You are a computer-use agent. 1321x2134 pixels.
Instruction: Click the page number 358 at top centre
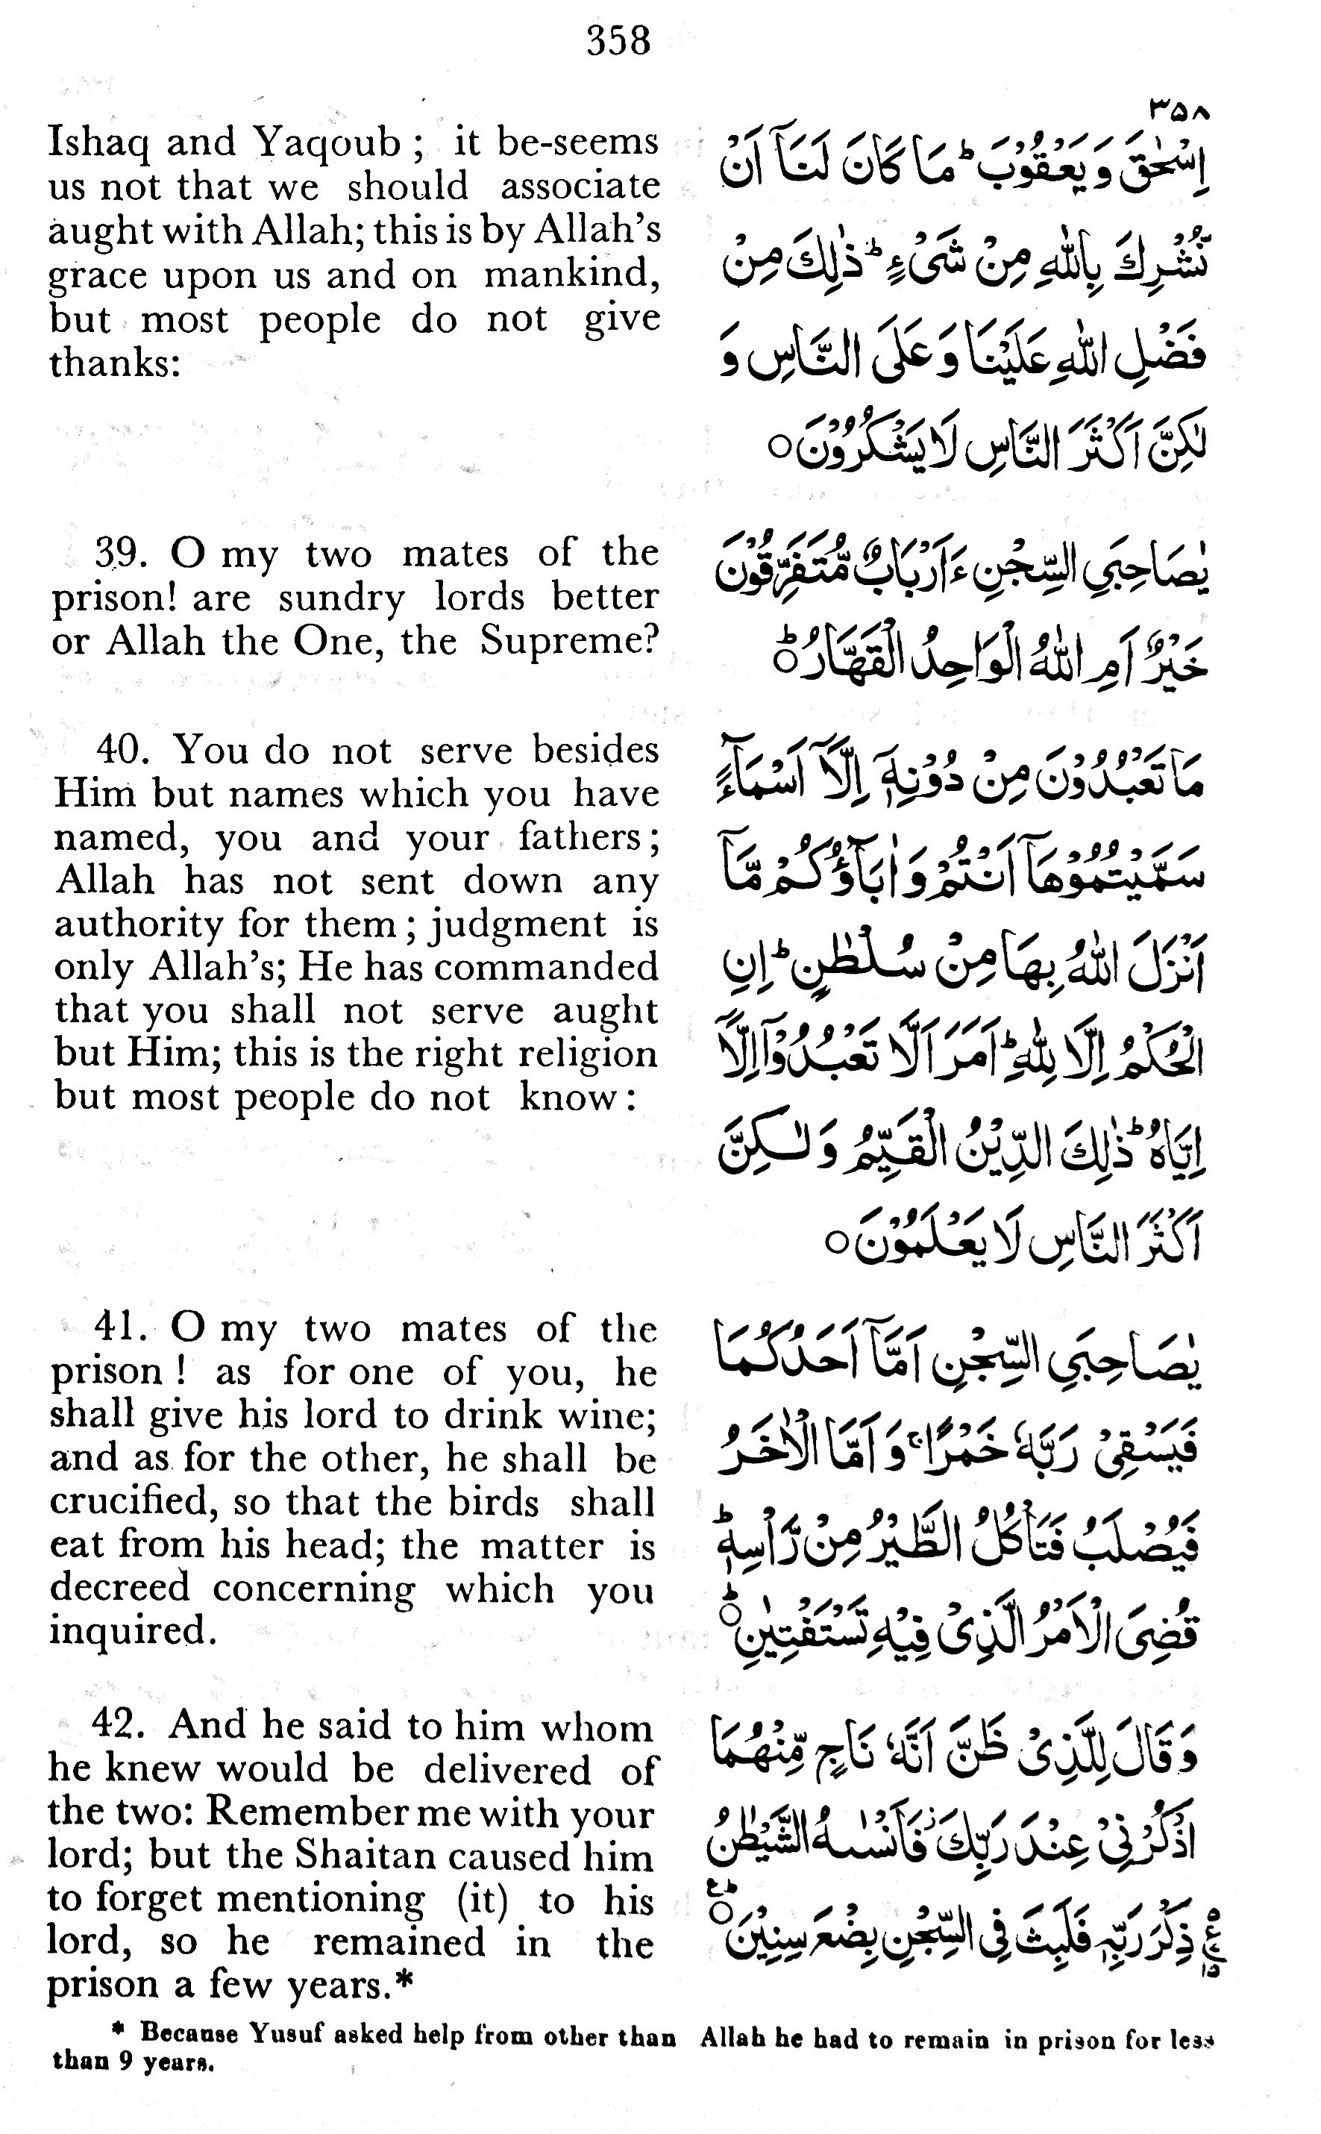click(x=618, y=41)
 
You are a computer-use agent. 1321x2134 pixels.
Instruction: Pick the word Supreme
click(x=568, y=643)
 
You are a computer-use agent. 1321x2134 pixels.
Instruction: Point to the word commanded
click(x=560, y=967)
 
